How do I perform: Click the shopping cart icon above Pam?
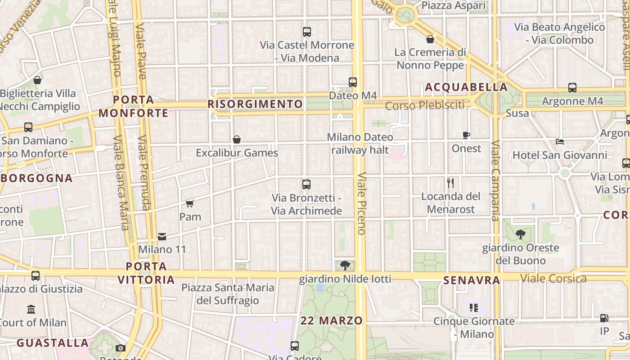click(189, 204)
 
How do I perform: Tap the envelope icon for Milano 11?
click(162, 236)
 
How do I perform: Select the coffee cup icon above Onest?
click(466, 135)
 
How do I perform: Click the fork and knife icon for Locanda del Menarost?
click(450, 183)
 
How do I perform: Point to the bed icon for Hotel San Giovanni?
click(560, 142)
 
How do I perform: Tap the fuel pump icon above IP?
click(604, 318)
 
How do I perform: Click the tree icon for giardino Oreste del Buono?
click(521, 234)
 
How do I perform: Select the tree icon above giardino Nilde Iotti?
click(345, 265)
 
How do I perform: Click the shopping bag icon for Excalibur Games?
click(237, 139)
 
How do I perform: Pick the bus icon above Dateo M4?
click(353, 82)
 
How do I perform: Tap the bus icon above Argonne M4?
click(572, 88)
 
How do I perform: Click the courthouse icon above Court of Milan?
click(31, 310)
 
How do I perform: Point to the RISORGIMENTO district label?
click(255, 104)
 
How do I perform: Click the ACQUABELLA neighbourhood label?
click(466, 87)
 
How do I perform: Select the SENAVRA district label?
click(472, 281)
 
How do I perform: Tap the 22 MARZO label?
click(332, 321)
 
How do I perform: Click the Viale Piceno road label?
click(361, 202)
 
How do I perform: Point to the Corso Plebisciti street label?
click(425, 106)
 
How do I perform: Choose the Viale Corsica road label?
click(553, 279)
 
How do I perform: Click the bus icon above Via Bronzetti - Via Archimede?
click(306, 184)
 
